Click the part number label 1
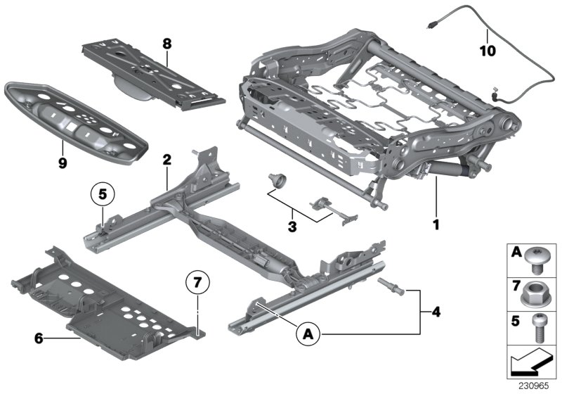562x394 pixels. [x=436, y=226]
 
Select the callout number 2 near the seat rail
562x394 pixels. [x=166, y=160]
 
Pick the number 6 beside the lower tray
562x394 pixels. [x=38, y=338]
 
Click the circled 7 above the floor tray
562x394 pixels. [x=198, y=285]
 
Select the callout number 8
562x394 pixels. [x=166, y=43]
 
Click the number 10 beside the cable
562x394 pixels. [x=487, y=51]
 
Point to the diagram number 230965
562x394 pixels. [x=536, y=387]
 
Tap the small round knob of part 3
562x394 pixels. [x=276, y=182]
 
